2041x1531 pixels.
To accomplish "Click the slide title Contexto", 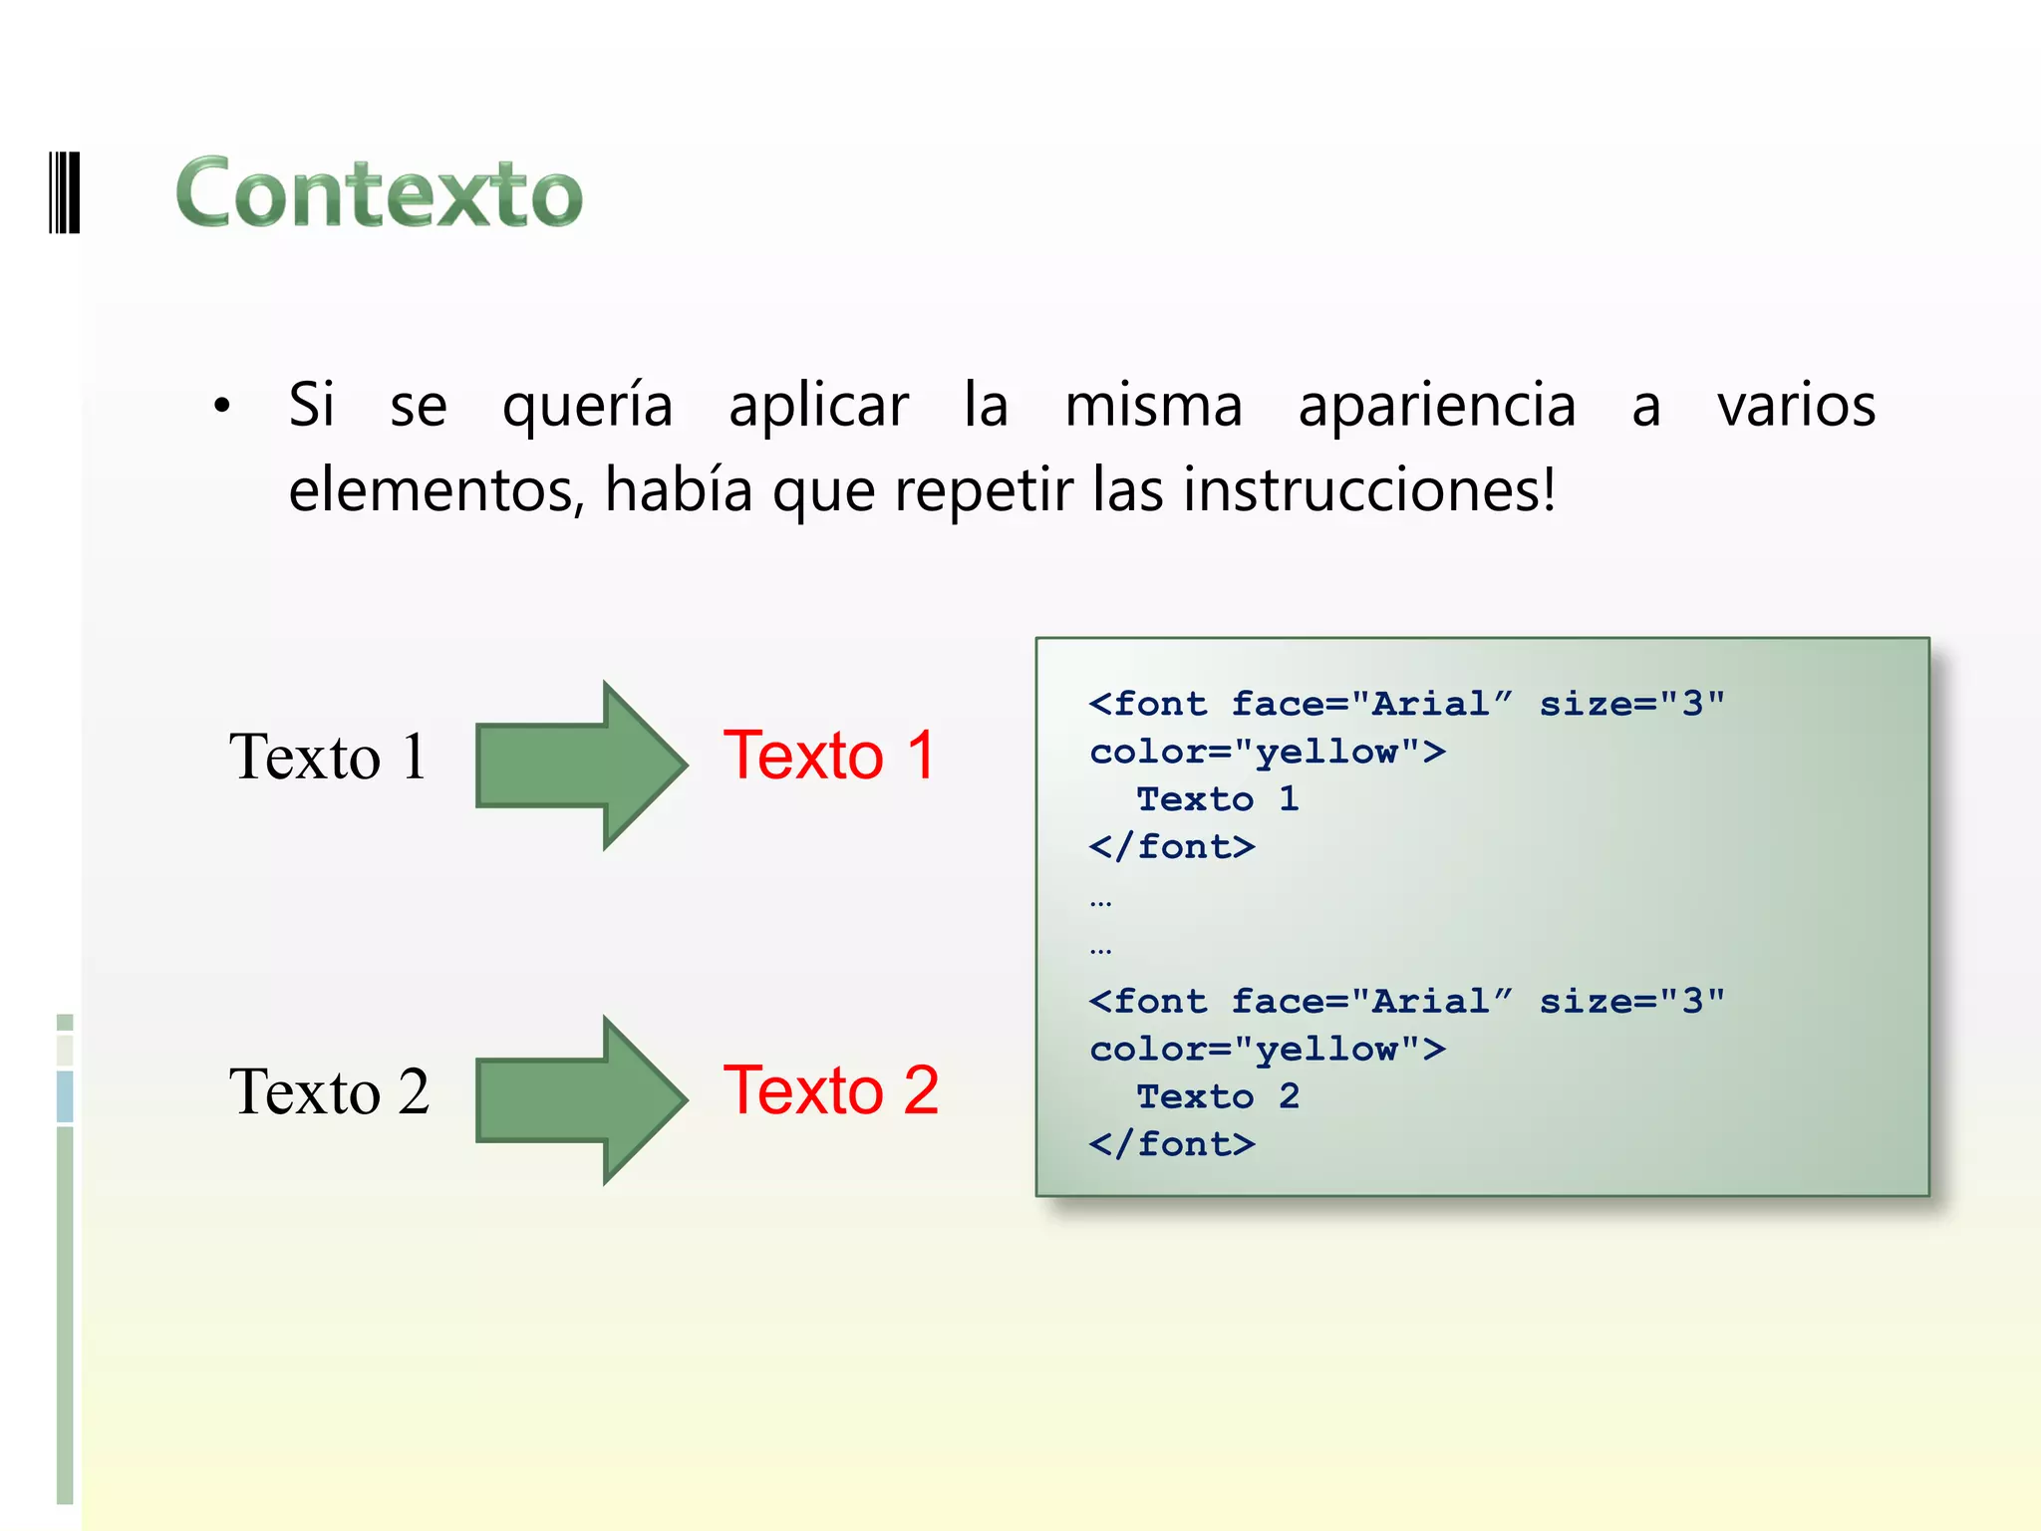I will click(x=379, y=193).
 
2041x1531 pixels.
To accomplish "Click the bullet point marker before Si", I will click(x=222, y=406).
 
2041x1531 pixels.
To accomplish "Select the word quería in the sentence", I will click(x=587, y=407).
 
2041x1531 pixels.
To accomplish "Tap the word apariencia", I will click(x=1436, y=407).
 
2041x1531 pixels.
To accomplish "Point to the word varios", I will click(x=1796, y=407).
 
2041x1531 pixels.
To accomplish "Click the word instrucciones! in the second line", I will click(x=1369, y=490).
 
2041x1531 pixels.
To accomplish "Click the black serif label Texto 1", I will click(x=328, y=757).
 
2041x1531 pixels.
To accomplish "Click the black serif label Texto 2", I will click(x=329, y=1091).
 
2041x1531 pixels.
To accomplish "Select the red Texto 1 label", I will click(x=829, y=755).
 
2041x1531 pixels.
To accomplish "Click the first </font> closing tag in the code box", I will click(x=1172, y=847).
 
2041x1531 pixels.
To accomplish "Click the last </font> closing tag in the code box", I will click(x=1172, y=1144).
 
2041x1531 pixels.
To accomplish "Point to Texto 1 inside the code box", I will click(x=1218, y=799).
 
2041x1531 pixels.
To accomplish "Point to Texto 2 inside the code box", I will click(x=1218, y=1096).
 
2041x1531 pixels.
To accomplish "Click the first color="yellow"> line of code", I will click(x=1267, y=752).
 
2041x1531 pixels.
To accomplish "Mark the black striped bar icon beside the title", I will click(x=65, y=192).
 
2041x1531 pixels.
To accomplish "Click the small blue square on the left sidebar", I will click(x=65, y=1095).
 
